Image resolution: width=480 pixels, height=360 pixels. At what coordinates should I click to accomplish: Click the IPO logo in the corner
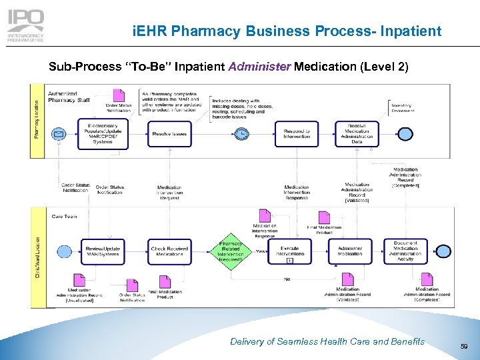click(x=26, y=25)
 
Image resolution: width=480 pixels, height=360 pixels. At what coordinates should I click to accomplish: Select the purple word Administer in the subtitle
click(x=259, y=67)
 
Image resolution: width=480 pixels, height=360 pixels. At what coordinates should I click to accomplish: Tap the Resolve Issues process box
click(x=169, y=134)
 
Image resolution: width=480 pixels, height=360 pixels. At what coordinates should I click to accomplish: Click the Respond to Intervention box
click(x=296, y=134)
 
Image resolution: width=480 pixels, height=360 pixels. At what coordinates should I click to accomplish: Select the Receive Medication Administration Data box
click(x=357, y=133)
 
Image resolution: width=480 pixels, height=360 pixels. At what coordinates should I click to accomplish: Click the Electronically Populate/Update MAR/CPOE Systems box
click(x=103, y=134)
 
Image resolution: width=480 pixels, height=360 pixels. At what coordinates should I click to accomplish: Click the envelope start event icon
click(x=59, y=135)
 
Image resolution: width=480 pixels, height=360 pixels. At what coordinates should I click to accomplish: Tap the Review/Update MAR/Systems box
click(x=103, y=251)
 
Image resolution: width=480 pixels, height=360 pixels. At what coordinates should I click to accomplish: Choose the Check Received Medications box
click(x=169, y=251)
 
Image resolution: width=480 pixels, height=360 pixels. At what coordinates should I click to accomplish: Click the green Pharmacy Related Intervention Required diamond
click(x=231, y=251)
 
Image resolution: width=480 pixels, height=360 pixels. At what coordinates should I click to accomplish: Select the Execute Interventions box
click(x=289, y=251)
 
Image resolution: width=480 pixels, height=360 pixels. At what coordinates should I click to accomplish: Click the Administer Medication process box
click(x=350, y=251)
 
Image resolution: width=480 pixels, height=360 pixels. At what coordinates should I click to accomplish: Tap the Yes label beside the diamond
click(x=261, y=251)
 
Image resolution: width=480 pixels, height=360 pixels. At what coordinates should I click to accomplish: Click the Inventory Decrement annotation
click(x=401, y=107)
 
